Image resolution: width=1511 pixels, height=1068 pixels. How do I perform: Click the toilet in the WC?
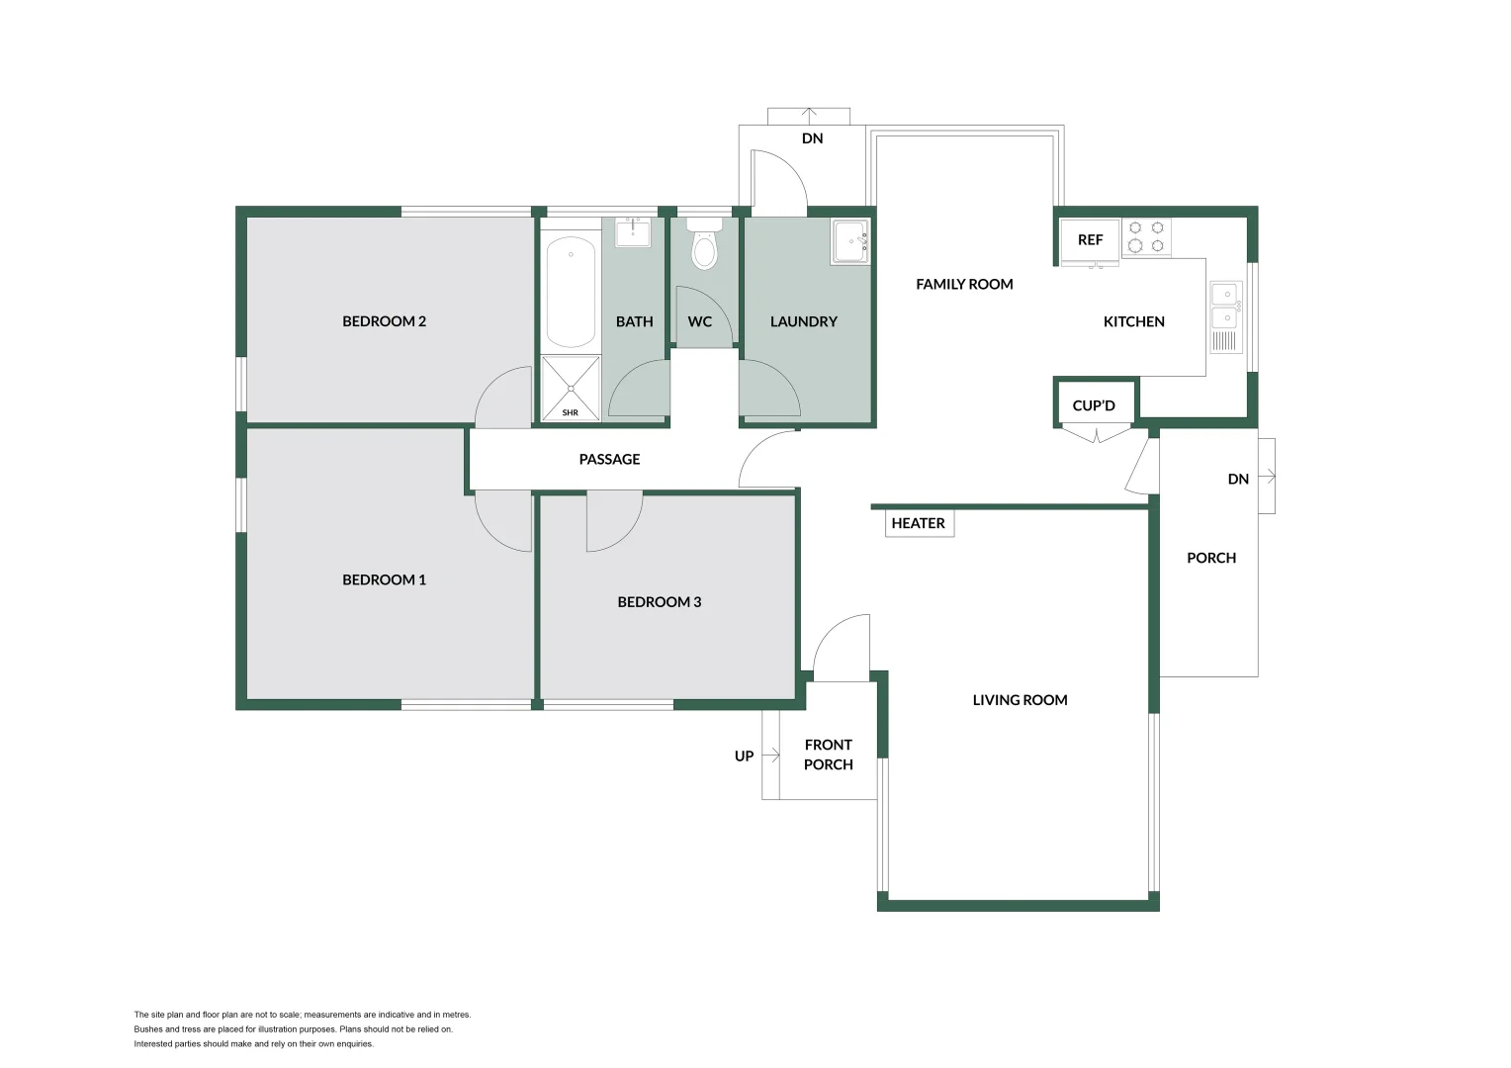tap(703, 247)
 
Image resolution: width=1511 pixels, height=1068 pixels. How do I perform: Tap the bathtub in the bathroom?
tap(571, 291)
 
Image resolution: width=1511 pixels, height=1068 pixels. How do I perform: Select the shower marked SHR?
tap(571, 389)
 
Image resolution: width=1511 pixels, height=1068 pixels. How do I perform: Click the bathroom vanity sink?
tap(633, 233)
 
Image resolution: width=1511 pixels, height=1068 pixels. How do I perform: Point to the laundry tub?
tap(849, 241)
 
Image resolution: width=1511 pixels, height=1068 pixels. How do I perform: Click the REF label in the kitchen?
tap(1090, 240)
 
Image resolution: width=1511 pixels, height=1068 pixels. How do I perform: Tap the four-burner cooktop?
tap(1146, 237)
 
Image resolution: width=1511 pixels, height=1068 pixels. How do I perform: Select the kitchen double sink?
tap(1224, 305)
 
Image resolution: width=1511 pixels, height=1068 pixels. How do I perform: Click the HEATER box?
tap(919, 523)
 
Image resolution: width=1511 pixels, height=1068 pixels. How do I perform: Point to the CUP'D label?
tap(1094, 405)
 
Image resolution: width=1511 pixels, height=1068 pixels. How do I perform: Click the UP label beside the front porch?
tap(744, 756)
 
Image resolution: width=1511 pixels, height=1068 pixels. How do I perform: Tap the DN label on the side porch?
tap(1238, 479)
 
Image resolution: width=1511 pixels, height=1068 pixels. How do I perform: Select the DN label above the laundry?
tap(812, 138)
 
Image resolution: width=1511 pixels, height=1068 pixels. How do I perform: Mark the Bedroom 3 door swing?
tap(612, 522)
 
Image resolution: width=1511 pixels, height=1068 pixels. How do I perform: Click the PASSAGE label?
tap(609, 459)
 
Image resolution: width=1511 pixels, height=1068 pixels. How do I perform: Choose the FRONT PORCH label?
tap(828, 755)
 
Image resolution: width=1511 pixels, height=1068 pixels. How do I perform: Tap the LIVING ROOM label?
tap(1020, 700)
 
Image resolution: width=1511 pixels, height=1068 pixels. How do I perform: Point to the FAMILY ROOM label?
tap(964, 284)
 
